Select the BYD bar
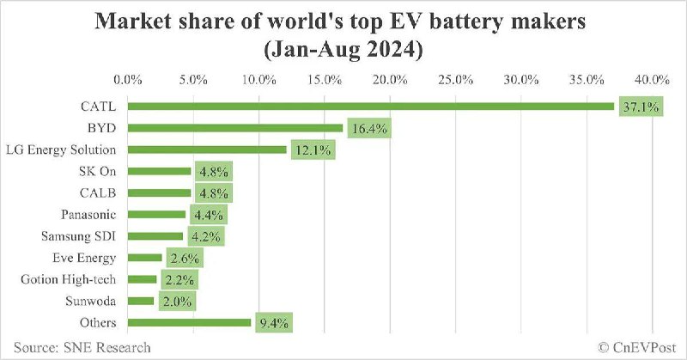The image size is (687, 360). pyautogui.click(x=236, y=128)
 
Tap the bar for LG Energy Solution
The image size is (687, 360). pyautogui.click(x=207, y=149)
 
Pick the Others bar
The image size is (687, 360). pyautogui.click(x=190, y=323)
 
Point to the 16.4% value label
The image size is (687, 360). pyautogui.click(x=369, y=129)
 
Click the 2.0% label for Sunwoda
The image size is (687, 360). pyautogui.click(x=177, y=302)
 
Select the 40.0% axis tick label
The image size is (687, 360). pyautogui.click(x=651, y=79)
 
